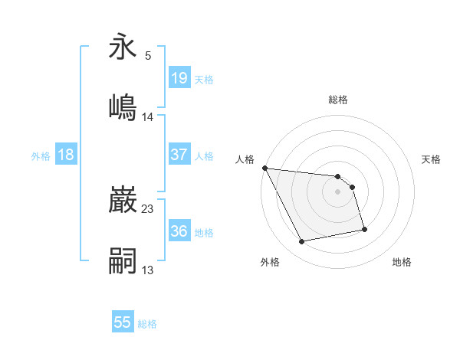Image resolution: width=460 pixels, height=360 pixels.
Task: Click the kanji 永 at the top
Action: pyautogui.click(x=123, y=47)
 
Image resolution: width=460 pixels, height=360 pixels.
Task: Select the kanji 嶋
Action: pyautogui.click(x=123, y=107)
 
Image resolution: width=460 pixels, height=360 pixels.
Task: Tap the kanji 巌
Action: pyautogui.click(x=123, y=201)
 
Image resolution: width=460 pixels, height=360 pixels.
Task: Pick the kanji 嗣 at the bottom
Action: pyautogui.click(x=123, y=260)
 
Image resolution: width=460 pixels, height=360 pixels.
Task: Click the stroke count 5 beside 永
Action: pyautogui.click(x=148, y=56)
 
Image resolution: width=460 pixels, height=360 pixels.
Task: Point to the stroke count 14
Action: pyautogui.click(x=148, y=117)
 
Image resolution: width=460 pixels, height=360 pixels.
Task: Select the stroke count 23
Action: pyautogui.click(x=148, y=208)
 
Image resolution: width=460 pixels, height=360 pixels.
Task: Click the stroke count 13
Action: pyautogui.click(x=148, y=270)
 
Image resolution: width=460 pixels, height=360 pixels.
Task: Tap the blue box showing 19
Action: pyautogui.click(x=179, y=77)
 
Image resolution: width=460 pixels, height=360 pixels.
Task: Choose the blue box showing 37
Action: pyautogui.click(x=179, y=154)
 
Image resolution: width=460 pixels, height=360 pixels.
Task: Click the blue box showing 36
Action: pyautogui.click(x=179, y=231)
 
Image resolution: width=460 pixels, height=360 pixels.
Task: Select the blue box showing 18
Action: pyautogui.click(x=66, y=154)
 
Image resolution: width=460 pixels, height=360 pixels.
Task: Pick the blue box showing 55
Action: pyautogui.click(x=123, y=322)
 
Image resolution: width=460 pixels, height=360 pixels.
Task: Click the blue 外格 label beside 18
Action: pyautogui.click(x=41, y=155)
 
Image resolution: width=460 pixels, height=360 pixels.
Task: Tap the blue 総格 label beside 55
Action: pyautogui.click(x=147, y=324)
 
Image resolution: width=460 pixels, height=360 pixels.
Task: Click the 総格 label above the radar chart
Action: pyautogui.click(x=338, y=100)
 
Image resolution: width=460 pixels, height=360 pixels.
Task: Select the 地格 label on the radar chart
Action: pyautogui.click(x=402, y=262)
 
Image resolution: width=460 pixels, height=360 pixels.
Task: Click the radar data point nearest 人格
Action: pyautogui.click(x=264, y=169)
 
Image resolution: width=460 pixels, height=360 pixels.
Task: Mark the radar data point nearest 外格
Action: pyautogui.click(x=302, y=242)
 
